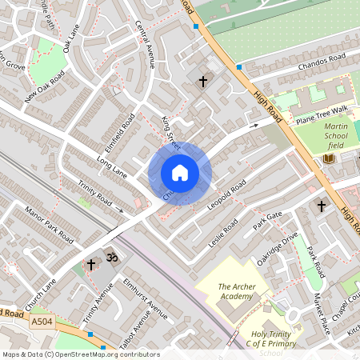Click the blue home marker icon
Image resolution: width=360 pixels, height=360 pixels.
pos(180,173)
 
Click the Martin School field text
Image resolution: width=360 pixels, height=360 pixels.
pos(335,135)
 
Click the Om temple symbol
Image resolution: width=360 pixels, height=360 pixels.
pos(112,260)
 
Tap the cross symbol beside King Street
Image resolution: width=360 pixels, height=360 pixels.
pos(203,81)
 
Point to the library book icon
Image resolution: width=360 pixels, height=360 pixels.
pos(328,160)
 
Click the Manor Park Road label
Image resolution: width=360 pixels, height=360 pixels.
pos(49,227)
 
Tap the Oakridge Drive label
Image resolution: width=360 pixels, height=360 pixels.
pos(277,248)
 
